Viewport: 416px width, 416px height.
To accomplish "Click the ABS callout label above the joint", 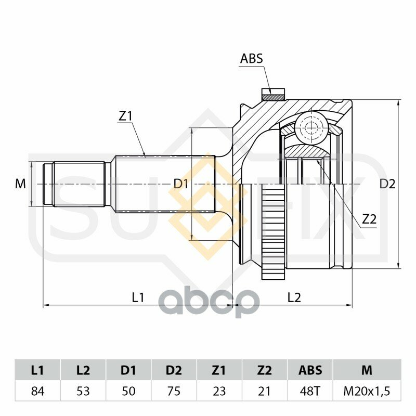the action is (x=251, y=59).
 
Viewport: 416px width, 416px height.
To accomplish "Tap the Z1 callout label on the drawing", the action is (x=125, y=116).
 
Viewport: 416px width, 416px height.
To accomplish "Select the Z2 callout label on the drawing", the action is (x=370, y=219).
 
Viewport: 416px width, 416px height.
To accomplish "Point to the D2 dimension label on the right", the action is (x=387, y=184).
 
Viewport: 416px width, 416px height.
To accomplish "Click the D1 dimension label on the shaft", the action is (x=181, y=184).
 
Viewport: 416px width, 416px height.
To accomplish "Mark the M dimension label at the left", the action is (x=20, y=184).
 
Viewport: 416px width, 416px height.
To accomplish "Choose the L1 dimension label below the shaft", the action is (x=138, y=297).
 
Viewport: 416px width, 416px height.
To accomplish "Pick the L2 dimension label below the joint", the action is (x=294, y=297).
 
